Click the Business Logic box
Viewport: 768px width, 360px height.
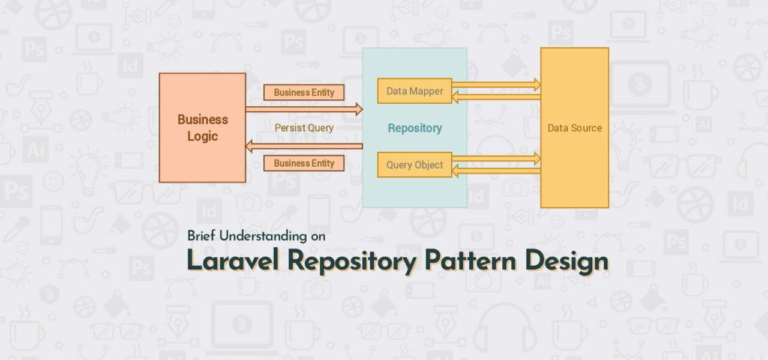click(202, 128)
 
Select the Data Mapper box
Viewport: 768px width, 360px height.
click(415, 91)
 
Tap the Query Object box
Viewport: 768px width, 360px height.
click(415, 165)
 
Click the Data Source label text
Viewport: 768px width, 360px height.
click(574, 128)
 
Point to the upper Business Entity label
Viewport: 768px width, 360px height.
click(304, 92)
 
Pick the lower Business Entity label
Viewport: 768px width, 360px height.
click(304, 163)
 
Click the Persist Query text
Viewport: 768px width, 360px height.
click(304, 128)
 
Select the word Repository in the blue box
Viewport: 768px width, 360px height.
click(415, 128)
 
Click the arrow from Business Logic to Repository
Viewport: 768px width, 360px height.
click(304, 109)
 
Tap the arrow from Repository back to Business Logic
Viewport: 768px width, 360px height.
click(304, 146)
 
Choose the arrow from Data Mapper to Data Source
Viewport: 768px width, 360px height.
click(496, 85)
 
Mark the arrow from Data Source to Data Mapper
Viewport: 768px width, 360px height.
click(496, 97)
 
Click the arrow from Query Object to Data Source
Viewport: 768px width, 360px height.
click(496, 158)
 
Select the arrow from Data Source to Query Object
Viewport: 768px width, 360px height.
click(496, 171)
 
